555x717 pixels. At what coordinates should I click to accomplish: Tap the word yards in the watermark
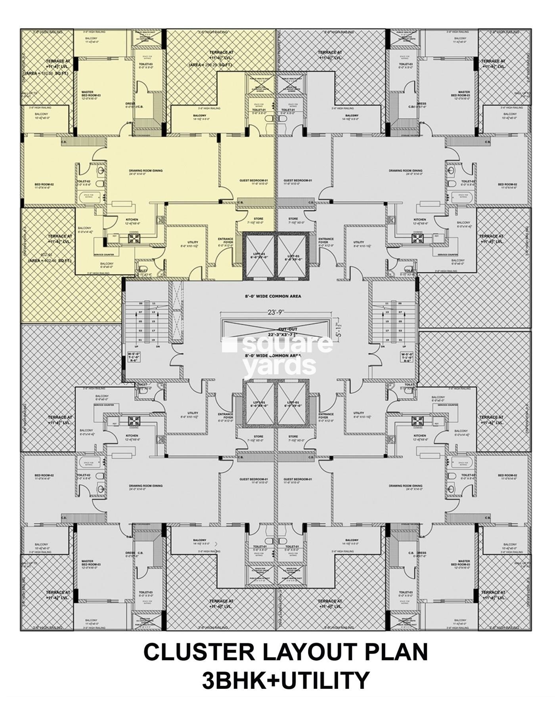[x=279, y=366]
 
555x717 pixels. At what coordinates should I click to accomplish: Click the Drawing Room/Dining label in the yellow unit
[x=145, y=172]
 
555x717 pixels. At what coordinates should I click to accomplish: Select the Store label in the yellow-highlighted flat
[x=258, y=220]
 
